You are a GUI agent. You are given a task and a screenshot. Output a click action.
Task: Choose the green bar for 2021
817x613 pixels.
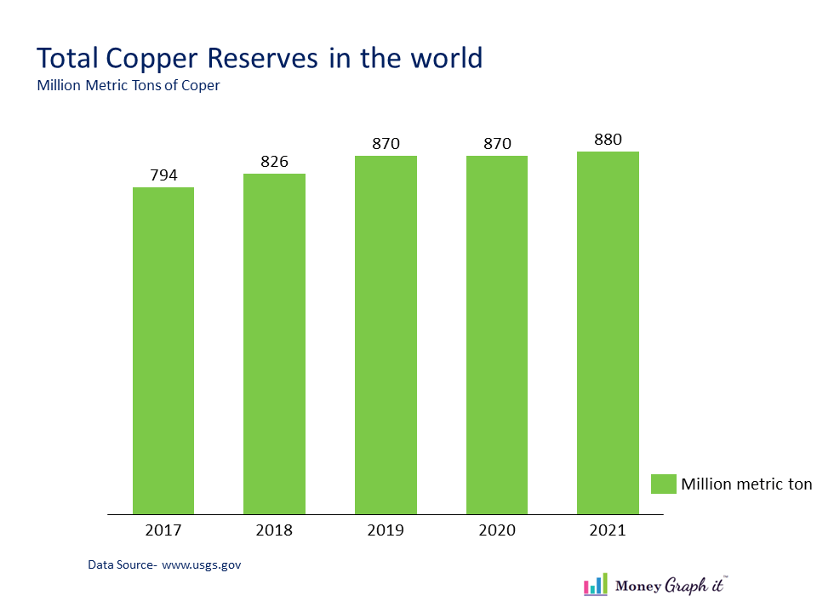point(608,333)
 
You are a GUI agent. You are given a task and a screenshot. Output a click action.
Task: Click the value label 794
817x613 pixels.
point(163,175)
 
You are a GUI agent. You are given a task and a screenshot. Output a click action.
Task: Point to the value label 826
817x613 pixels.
point(274,162)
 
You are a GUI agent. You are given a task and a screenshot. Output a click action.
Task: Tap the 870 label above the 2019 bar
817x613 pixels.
point(386,144)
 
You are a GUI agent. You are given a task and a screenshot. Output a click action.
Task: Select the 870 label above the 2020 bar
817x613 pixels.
point(497,144)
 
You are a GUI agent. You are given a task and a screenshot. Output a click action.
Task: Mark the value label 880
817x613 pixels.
point(608,140)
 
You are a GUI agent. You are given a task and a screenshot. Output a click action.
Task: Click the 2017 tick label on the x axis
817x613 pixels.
point(163,530)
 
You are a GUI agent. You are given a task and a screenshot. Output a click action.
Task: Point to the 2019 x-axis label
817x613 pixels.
point(386,530)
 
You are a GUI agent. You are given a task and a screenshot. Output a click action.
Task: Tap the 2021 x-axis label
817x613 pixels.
point(608,530)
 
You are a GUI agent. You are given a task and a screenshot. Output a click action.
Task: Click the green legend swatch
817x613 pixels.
point(663,484)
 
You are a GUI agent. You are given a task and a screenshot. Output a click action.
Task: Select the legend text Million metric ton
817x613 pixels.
point(746,484)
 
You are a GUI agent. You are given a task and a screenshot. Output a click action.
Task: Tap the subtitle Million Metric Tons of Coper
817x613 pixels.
point(129,85)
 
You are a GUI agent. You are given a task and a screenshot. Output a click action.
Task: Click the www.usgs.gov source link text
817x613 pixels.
point(201,564)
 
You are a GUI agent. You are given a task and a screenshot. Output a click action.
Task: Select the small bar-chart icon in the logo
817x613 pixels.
point(596,584)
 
